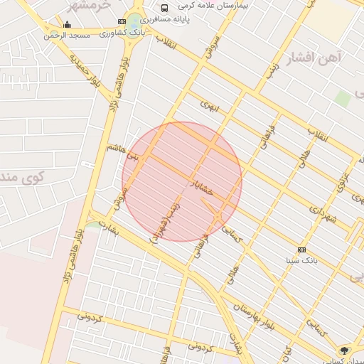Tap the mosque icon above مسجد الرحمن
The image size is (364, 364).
(x=67, y=25)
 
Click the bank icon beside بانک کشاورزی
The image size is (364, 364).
(x=122, y=23)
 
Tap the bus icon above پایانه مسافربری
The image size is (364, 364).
(x=165, y=8)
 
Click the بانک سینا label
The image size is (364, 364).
(x=301, y=261)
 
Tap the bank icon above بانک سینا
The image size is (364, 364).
(x=302, y=250)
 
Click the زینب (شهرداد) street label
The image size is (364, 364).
(x=166, y=220)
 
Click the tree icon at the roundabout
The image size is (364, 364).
(x=345, y=350)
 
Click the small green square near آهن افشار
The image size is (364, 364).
(x=343, y=97)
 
